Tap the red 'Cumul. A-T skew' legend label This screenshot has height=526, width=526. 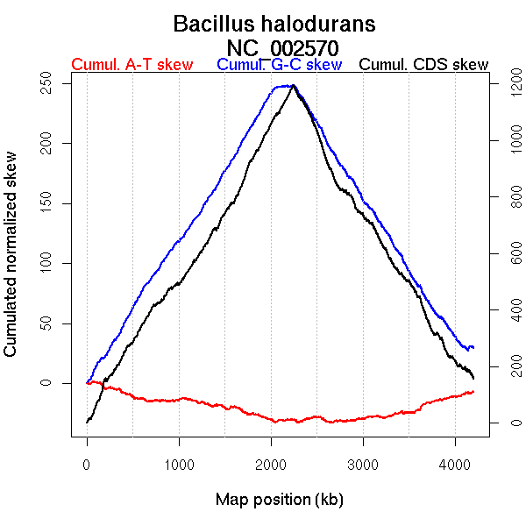131,65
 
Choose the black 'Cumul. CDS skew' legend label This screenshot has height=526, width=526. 424,65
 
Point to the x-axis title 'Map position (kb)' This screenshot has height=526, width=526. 279,500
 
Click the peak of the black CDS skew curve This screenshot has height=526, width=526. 294,85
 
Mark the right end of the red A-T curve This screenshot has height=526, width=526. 473,391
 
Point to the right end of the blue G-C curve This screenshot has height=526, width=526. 473,348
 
